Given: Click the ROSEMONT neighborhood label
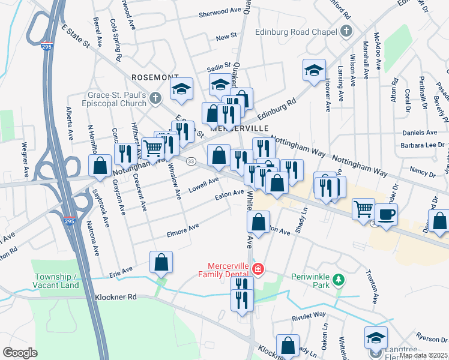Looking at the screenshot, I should (155, 77).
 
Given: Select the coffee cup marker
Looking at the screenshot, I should (386, 215).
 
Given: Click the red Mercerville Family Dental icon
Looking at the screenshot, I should (258, 269).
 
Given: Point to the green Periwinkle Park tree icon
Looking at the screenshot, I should (339, 279).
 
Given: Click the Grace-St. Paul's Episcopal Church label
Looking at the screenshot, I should (115, 98).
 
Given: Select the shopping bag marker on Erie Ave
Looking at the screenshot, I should (161, 262).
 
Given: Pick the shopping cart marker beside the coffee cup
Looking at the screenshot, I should (363, 210).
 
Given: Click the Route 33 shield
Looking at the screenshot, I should (191, 161).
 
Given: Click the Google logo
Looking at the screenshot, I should (20, 353).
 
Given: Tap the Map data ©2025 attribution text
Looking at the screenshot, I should (423, 355).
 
